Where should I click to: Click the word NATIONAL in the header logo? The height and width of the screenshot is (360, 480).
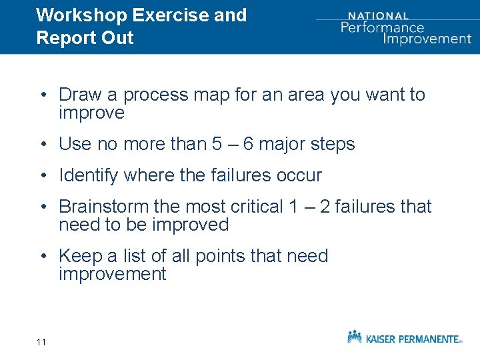[379, 15]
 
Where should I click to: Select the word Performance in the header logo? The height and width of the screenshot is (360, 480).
[382, 27]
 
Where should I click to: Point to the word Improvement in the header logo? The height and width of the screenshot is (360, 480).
[427, 38]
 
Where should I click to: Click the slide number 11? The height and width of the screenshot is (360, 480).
[41, 342]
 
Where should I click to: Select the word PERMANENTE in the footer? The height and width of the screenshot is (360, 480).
[429, 339]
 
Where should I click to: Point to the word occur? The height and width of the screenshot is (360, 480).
[299, 176]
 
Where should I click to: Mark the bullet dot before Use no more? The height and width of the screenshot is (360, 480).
[42, 145]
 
